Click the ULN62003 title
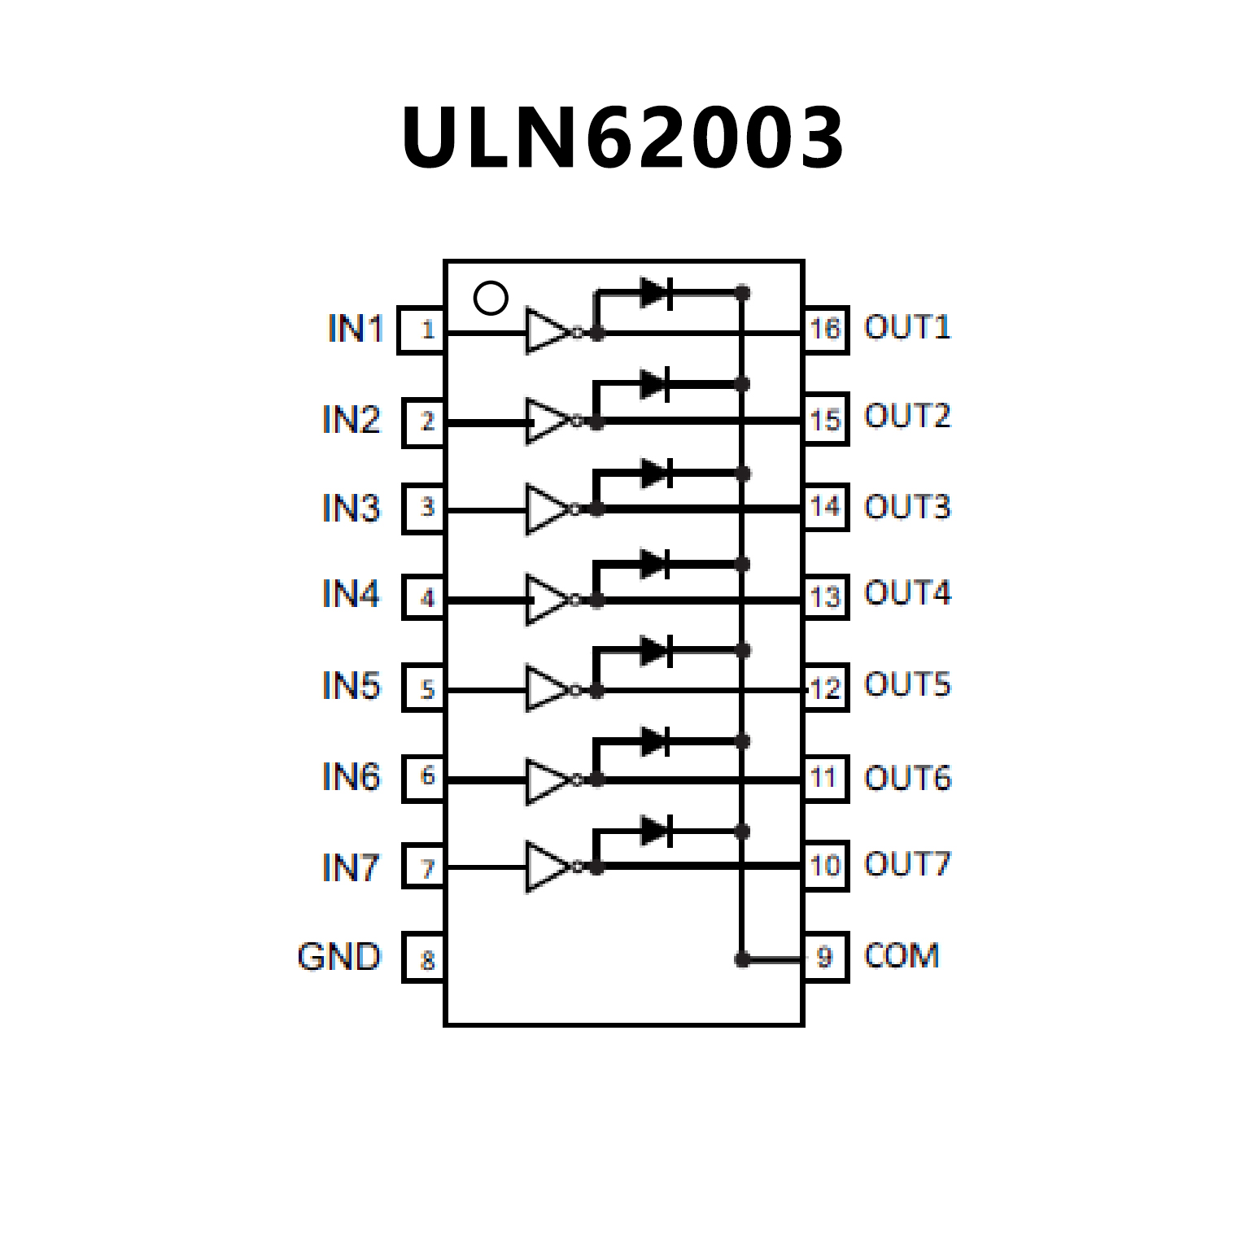tap(623, 138)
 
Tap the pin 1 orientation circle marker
tap(491, 298)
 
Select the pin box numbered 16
tap(825, 330)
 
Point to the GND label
tap(339, 957)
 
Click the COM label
tap(902, 955)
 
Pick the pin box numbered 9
tap(825, 958)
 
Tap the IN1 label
tap(355, 329)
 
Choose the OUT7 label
tap(907, 864)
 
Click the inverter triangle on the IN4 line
tap(547, 600)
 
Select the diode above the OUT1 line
tap(656, 293)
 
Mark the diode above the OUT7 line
tap(656, 832)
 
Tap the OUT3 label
tap(907, 507)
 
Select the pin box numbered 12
tap(825, 688)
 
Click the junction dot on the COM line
tap(742, 960)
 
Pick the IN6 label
tap(351, 777)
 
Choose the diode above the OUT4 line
tap(656, 564)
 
